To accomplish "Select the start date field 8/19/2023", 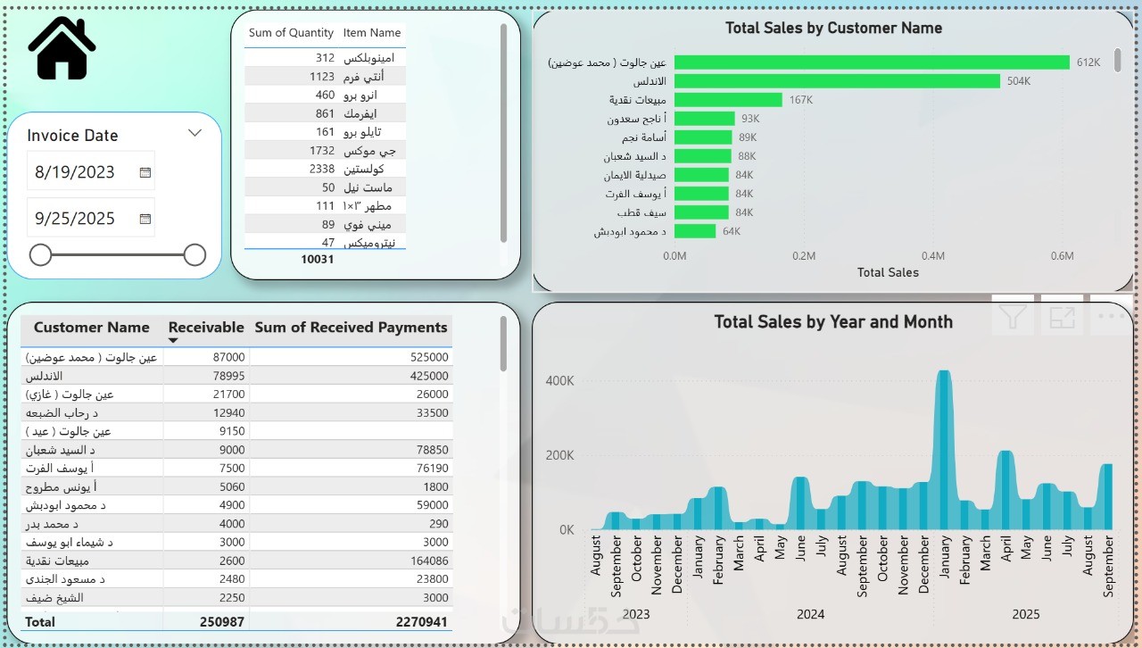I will tap(76, 172).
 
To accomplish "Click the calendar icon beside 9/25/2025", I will tap(145, 219).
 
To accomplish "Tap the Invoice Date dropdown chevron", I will tap(195, 133).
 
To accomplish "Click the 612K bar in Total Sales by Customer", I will tap(872, 62).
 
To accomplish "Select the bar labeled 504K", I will tap(837, 81).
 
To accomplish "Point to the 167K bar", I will tap(728, 100).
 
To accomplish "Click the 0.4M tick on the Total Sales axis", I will tap(933, 256).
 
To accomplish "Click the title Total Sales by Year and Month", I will tap(833, 322).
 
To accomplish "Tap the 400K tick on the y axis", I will tap(559, 381).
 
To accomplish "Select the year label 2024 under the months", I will tap(810, 614).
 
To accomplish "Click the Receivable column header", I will tap(206, 328).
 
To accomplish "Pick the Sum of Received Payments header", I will tap(351, 328).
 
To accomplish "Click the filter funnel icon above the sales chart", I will tap(1013, 316).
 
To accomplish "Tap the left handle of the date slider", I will tap(41, 255).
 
